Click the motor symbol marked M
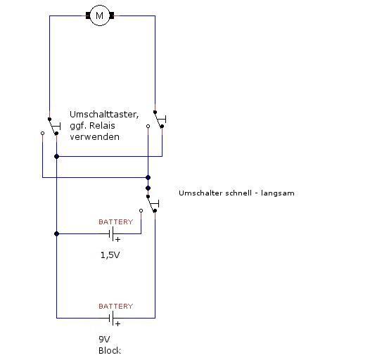100,15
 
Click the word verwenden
95,137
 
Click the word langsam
278,193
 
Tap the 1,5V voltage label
110,255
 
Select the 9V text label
104,339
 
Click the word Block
110,351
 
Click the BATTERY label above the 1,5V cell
116,221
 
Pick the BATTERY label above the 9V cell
116,307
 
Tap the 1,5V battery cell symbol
111,233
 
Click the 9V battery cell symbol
111,319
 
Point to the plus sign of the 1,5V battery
117,240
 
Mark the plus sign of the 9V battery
117,323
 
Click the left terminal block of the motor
88,15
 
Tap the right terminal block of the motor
112,15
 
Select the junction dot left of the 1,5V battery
57,233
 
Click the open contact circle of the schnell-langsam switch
141,210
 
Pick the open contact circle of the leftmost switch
42,134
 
